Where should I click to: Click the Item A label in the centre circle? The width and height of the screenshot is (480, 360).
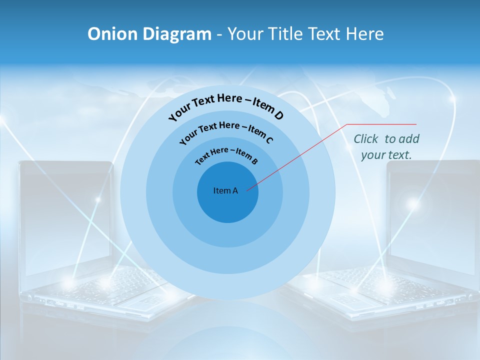[225, 190]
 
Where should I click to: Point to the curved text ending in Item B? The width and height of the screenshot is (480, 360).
[226, 154]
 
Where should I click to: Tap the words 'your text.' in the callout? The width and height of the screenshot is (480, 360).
[386, 155]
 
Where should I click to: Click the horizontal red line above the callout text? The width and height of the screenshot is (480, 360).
[382, 124]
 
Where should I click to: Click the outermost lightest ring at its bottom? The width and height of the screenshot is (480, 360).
[227, 287]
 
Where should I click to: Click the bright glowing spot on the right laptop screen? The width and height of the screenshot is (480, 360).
[413, 203]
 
